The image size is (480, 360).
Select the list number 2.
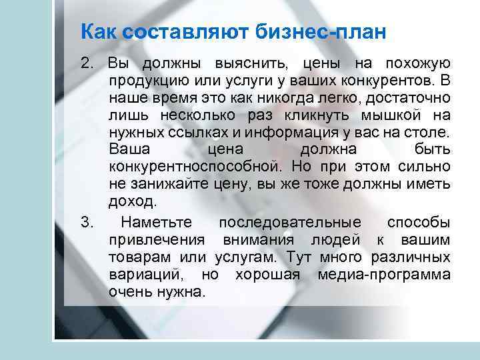(x=85, y=64)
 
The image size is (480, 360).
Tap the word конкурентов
(x=377, y=81)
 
